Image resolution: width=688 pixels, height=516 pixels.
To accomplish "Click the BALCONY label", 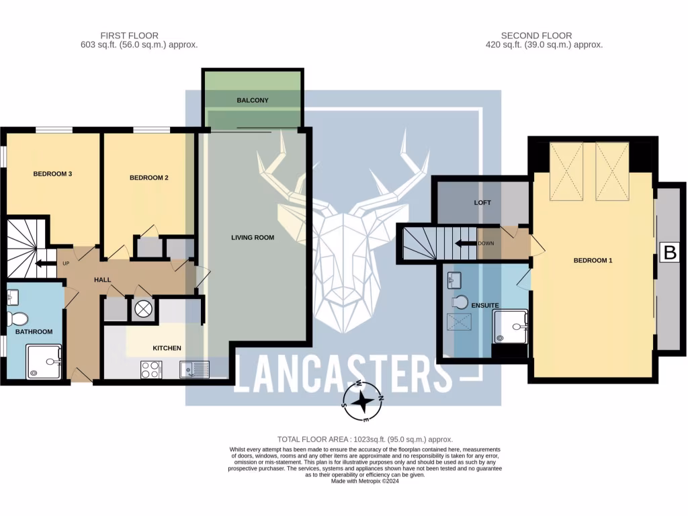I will pos(252,101).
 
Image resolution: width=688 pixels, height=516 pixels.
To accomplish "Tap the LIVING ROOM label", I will pos(253,238).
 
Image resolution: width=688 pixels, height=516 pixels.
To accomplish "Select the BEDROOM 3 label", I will pos(52,174).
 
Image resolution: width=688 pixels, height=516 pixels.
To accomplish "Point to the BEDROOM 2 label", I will pos(148,178).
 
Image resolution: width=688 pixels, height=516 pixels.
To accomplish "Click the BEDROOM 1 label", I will pos(593,261).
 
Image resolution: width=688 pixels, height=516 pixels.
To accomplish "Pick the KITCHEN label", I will pos(167,348).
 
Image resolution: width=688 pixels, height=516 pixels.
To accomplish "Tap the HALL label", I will pos(102,279).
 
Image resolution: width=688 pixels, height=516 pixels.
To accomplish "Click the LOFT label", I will pos(482,202).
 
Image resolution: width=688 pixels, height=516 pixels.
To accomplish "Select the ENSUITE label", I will pos(484,306).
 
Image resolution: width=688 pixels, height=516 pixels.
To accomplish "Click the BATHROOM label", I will pos(34,332).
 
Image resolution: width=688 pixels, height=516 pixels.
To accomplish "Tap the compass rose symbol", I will pos(363,401).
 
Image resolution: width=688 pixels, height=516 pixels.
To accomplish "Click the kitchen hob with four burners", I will pos(151,369).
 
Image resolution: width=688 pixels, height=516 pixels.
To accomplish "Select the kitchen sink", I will pos(194,369).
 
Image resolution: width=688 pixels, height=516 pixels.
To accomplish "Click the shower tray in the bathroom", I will pos(44,361).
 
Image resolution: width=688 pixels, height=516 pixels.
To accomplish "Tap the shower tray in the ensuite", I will pos(511,327).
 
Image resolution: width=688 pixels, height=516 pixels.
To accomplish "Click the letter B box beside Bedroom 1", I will pos(669,253).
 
